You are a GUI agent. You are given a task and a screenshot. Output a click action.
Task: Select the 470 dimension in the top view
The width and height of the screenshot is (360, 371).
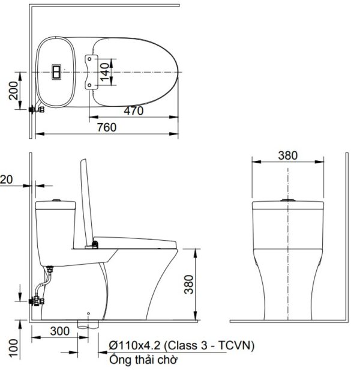click(x=134, y=110)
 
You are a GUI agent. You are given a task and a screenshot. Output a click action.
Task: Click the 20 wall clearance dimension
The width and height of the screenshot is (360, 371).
click(x=6, y=178)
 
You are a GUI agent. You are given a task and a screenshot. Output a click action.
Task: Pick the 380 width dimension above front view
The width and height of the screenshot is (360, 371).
click(x=288, y=155)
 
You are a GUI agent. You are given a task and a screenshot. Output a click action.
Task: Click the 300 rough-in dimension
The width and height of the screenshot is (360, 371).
click(x=58, y=331)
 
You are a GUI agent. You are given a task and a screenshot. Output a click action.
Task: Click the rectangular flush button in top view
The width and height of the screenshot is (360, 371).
click(x=56, y=72)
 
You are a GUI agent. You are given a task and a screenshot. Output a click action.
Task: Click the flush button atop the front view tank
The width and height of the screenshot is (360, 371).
click(x=289, y=199)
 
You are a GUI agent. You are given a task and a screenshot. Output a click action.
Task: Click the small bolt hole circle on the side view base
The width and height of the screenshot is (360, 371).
click(x=88, y=313)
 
